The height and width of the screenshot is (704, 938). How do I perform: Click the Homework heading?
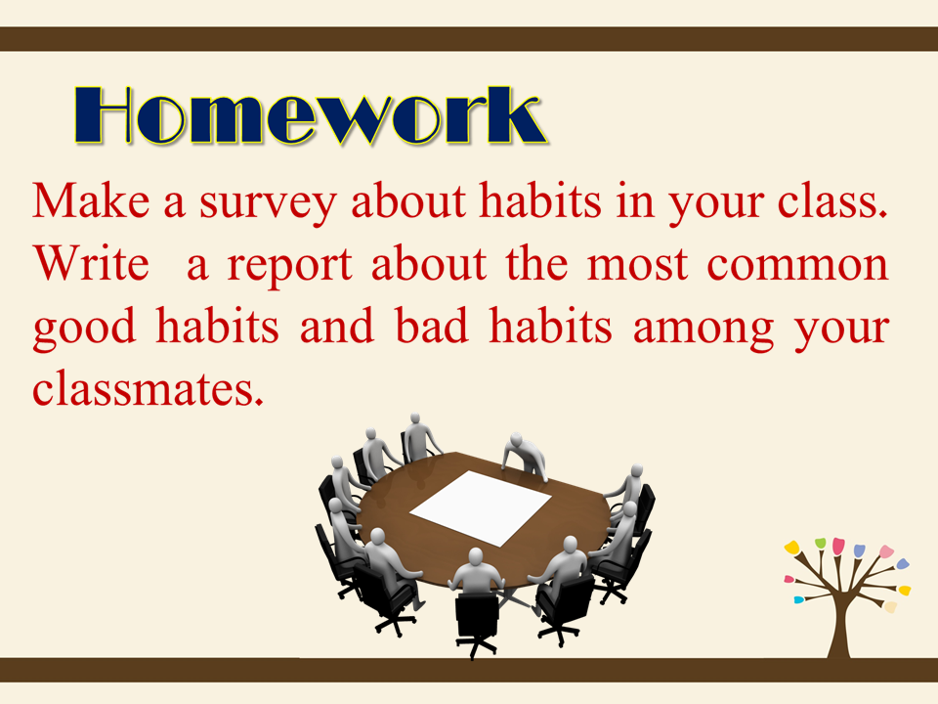(x=310, y=116)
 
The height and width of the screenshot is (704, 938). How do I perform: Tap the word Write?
(x=91, y=263)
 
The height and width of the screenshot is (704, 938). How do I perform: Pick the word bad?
(x=432, y=326)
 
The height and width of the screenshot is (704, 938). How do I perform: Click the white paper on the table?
(x=481, y=507)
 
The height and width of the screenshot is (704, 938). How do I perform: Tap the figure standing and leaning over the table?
(x=525, y=457)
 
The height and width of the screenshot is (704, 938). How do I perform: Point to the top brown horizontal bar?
(x=469, y=38)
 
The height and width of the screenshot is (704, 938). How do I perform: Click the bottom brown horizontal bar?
(x=469, y=670)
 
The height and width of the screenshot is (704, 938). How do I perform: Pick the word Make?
(x=91, y=201)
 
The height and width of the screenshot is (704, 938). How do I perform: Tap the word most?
(x=636, y=265)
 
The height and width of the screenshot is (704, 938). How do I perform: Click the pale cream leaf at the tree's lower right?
(x=890, y=607)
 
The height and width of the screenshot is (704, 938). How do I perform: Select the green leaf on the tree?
(x=820, y=543)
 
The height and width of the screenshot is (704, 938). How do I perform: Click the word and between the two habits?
(x=337, y=326)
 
